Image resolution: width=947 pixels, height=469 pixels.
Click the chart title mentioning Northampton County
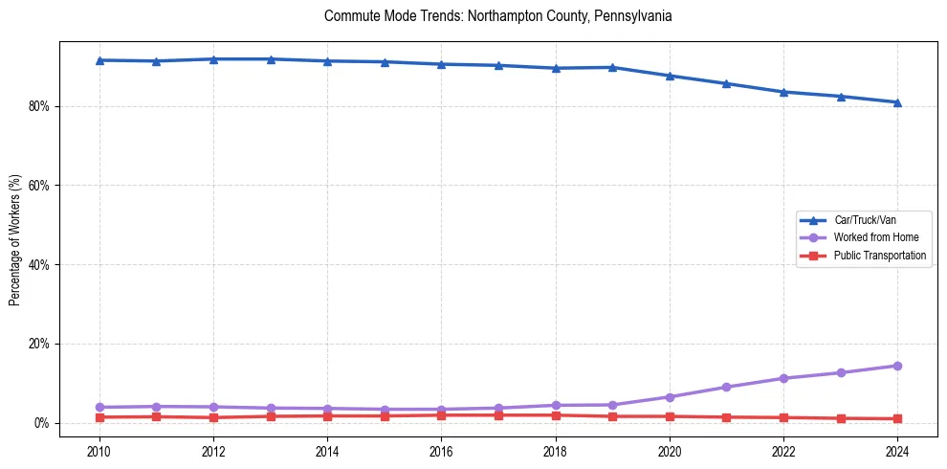coord(497,16)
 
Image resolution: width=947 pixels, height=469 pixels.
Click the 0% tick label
coord(41,423)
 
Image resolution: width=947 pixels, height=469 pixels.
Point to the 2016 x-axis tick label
coord(441,450)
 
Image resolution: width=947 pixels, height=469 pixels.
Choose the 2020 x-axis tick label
coord(670,450)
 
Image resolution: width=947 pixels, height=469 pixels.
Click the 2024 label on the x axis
coord(897,450)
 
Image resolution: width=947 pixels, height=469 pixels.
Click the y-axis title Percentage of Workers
coord(15,239)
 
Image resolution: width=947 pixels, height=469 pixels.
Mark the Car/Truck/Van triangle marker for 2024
coord(897,102)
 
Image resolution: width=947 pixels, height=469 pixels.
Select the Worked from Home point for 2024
coord(897,366)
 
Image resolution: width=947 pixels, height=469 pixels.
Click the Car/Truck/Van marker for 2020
coord(670,76)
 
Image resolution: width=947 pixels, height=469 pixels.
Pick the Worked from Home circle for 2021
coord(726,387)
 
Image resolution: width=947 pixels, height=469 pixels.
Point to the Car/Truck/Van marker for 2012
coord(213,59)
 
